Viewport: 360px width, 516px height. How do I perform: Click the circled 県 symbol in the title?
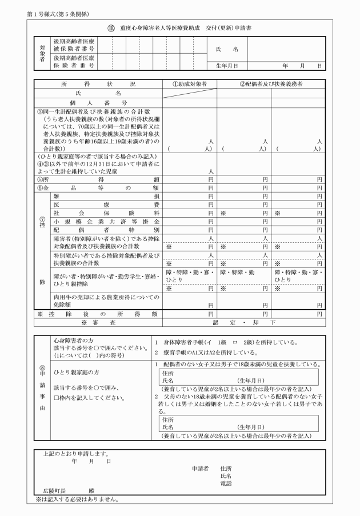click(111, 28)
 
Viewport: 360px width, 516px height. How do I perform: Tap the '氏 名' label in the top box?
click(227, 50)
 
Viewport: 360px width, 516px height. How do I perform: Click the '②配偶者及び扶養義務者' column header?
click(271, 84)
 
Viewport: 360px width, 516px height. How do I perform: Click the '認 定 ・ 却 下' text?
click(244, 322)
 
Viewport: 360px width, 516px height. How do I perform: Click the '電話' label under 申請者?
click(226, 483)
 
